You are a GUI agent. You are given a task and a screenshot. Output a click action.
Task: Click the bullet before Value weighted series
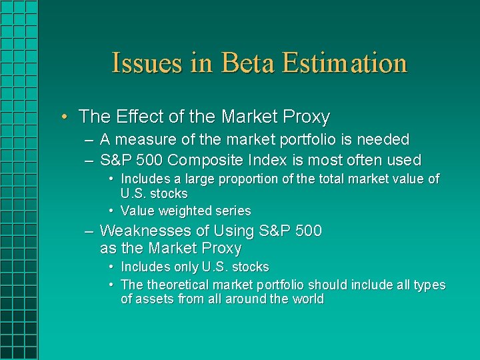pos(111,211)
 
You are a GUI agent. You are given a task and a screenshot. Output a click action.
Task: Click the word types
pos(430,285)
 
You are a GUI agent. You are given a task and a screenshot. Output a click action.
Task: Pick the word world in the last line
pos(307,299)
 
